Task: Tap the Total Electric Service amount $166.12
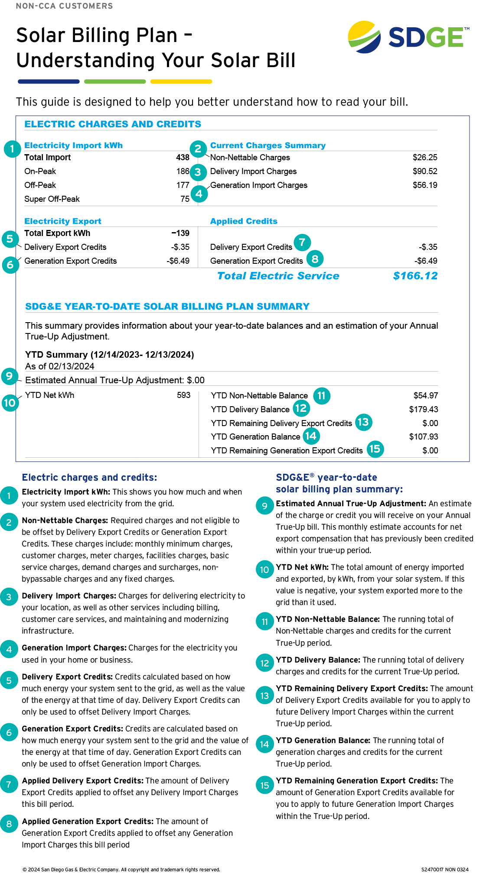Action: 415,276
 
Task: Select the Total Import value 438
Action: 183,158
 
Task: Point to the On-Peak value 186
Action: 183,171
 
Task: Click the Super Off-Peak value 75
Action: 185,199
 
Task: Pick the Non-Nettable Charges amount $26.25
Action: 424,158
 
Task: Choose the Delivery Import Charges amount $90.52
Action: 424,171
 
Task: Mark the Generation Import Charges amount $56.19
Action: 424,185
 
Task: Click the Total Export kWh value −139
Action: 180,233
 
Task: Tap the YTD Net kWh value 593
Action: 183,395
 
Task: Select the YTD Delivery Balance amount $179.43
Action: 423,410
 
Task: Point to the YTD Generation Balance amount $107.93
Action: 423,437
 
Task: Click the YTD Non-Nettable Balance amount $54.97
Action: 425,396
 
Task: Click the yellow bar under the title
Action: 181,81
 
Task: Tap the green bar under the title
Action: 115,81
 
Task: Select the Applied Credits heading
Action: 244,221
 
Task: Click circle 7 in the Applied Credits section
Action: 302,242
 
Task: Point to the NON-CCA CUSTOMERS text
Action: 64,6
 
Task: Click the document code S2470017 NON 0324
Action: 444,870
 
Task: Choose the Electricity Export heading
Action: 63,221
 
